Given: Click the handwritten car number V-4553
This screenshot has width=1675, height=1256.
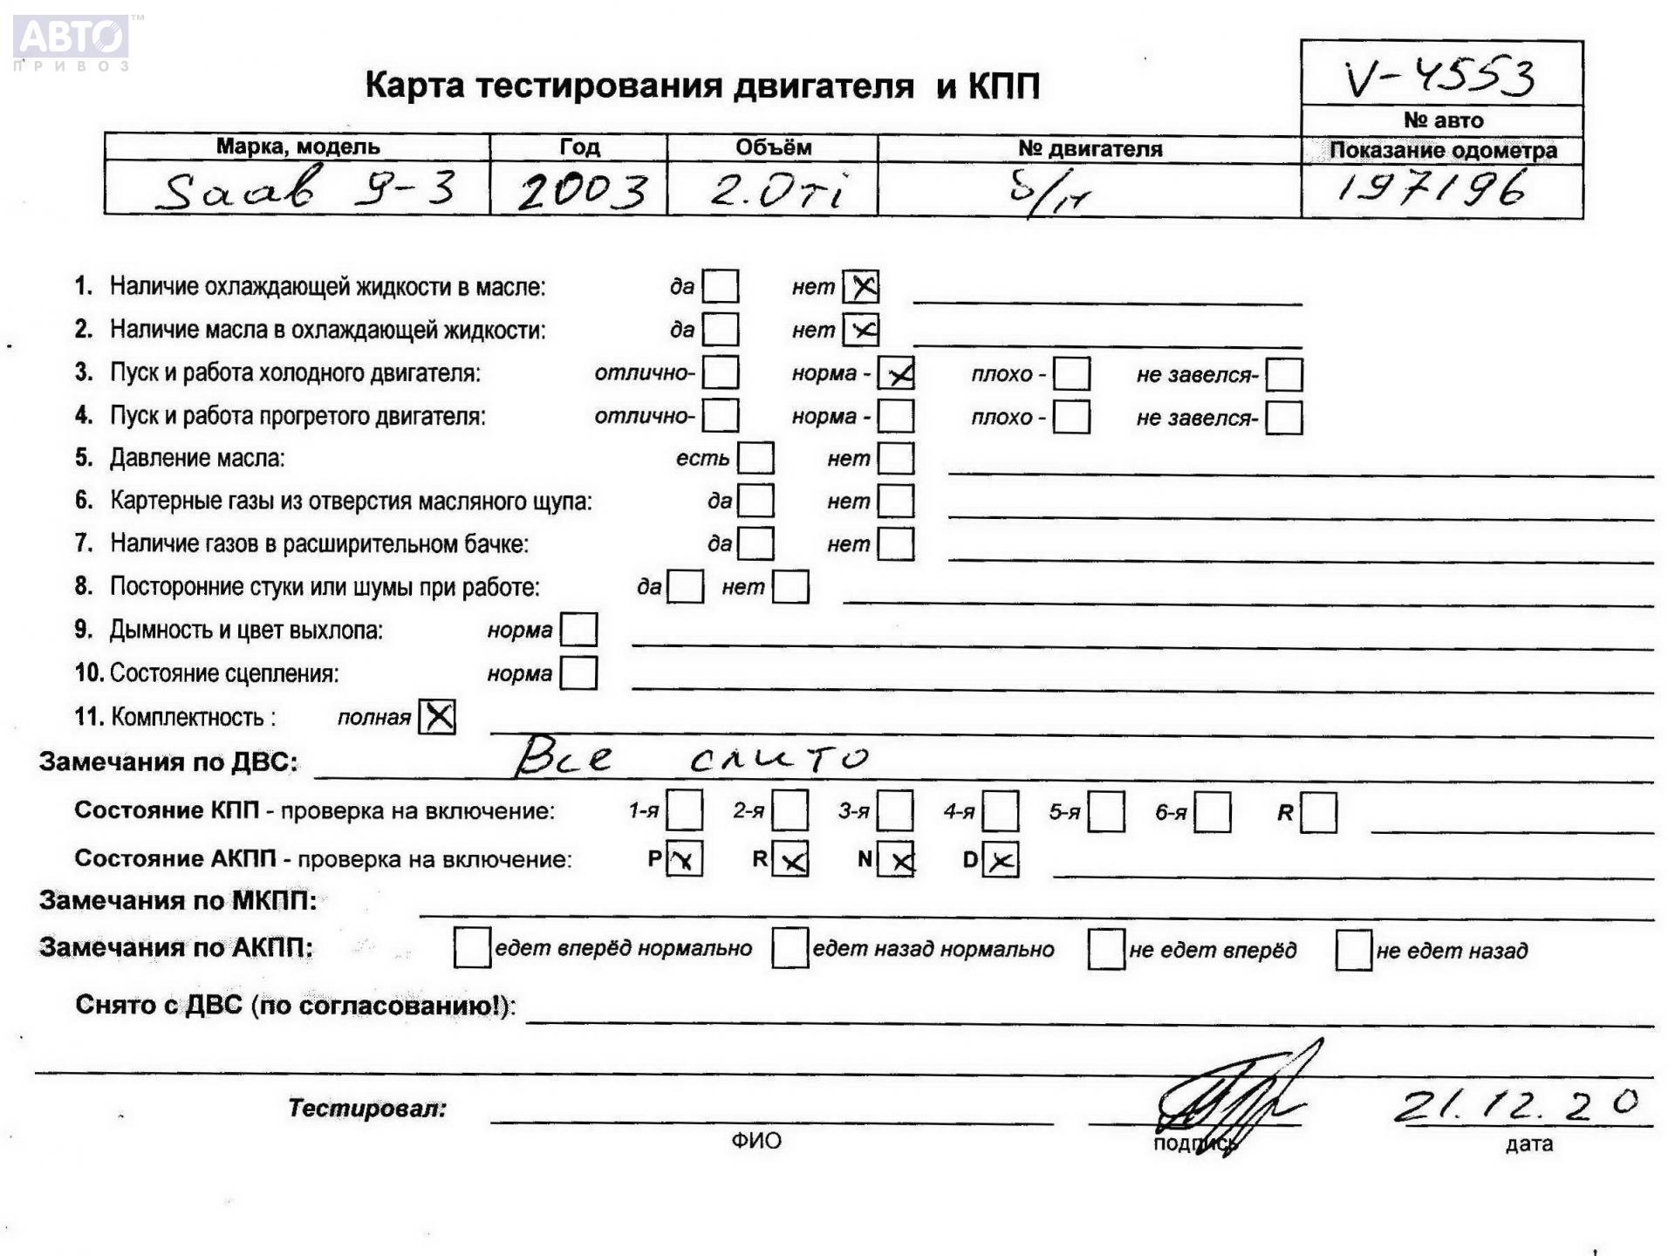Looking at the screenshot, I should click(1439, 77).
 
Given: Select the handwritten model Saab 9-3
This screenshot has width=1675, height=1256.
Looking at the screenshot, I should click(305, 189).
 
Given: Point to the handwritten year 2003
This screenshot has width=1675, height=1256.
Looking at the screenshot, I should click(582, 191).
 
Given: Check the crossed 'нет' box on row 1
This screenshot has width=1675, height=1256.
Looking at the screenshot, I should click(861, 286).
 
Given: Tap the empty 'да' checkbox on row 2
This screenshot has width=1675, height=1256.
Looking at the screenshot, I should click(721, 330).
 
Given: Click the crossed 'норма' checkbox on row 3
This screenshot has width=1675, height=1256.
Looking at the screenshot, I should click(896, 373).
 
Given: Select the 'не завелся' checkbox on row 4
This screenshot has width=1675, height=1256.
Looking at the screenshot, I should click(1284, 417).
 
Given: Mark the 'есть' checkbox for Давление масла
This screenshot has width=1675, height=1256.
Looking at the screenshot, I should click(755, 458).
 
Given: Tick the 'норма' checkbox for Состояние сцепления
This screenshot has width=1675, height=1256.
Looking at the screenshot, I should click(578, 672).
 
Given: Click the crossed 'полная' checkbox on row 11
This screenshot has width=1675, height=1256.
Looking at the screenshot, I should click(437, 717).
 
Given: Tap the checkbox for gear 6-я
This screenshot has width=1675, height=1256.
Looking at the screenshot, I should click(1213, 812).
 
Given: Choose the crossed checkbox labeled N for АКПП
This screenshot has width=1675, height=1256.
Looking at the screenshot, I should click(896, 859).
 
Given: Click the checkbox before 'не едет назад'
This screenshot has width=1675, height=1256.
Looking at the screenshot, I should click(1353, 949).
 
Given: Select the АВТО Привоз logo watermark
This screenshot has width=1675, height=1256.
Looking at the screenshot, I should click(72, 41).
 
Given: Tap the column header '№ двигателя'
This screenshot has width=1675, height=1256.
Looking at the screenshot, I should click(1090, 148).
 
